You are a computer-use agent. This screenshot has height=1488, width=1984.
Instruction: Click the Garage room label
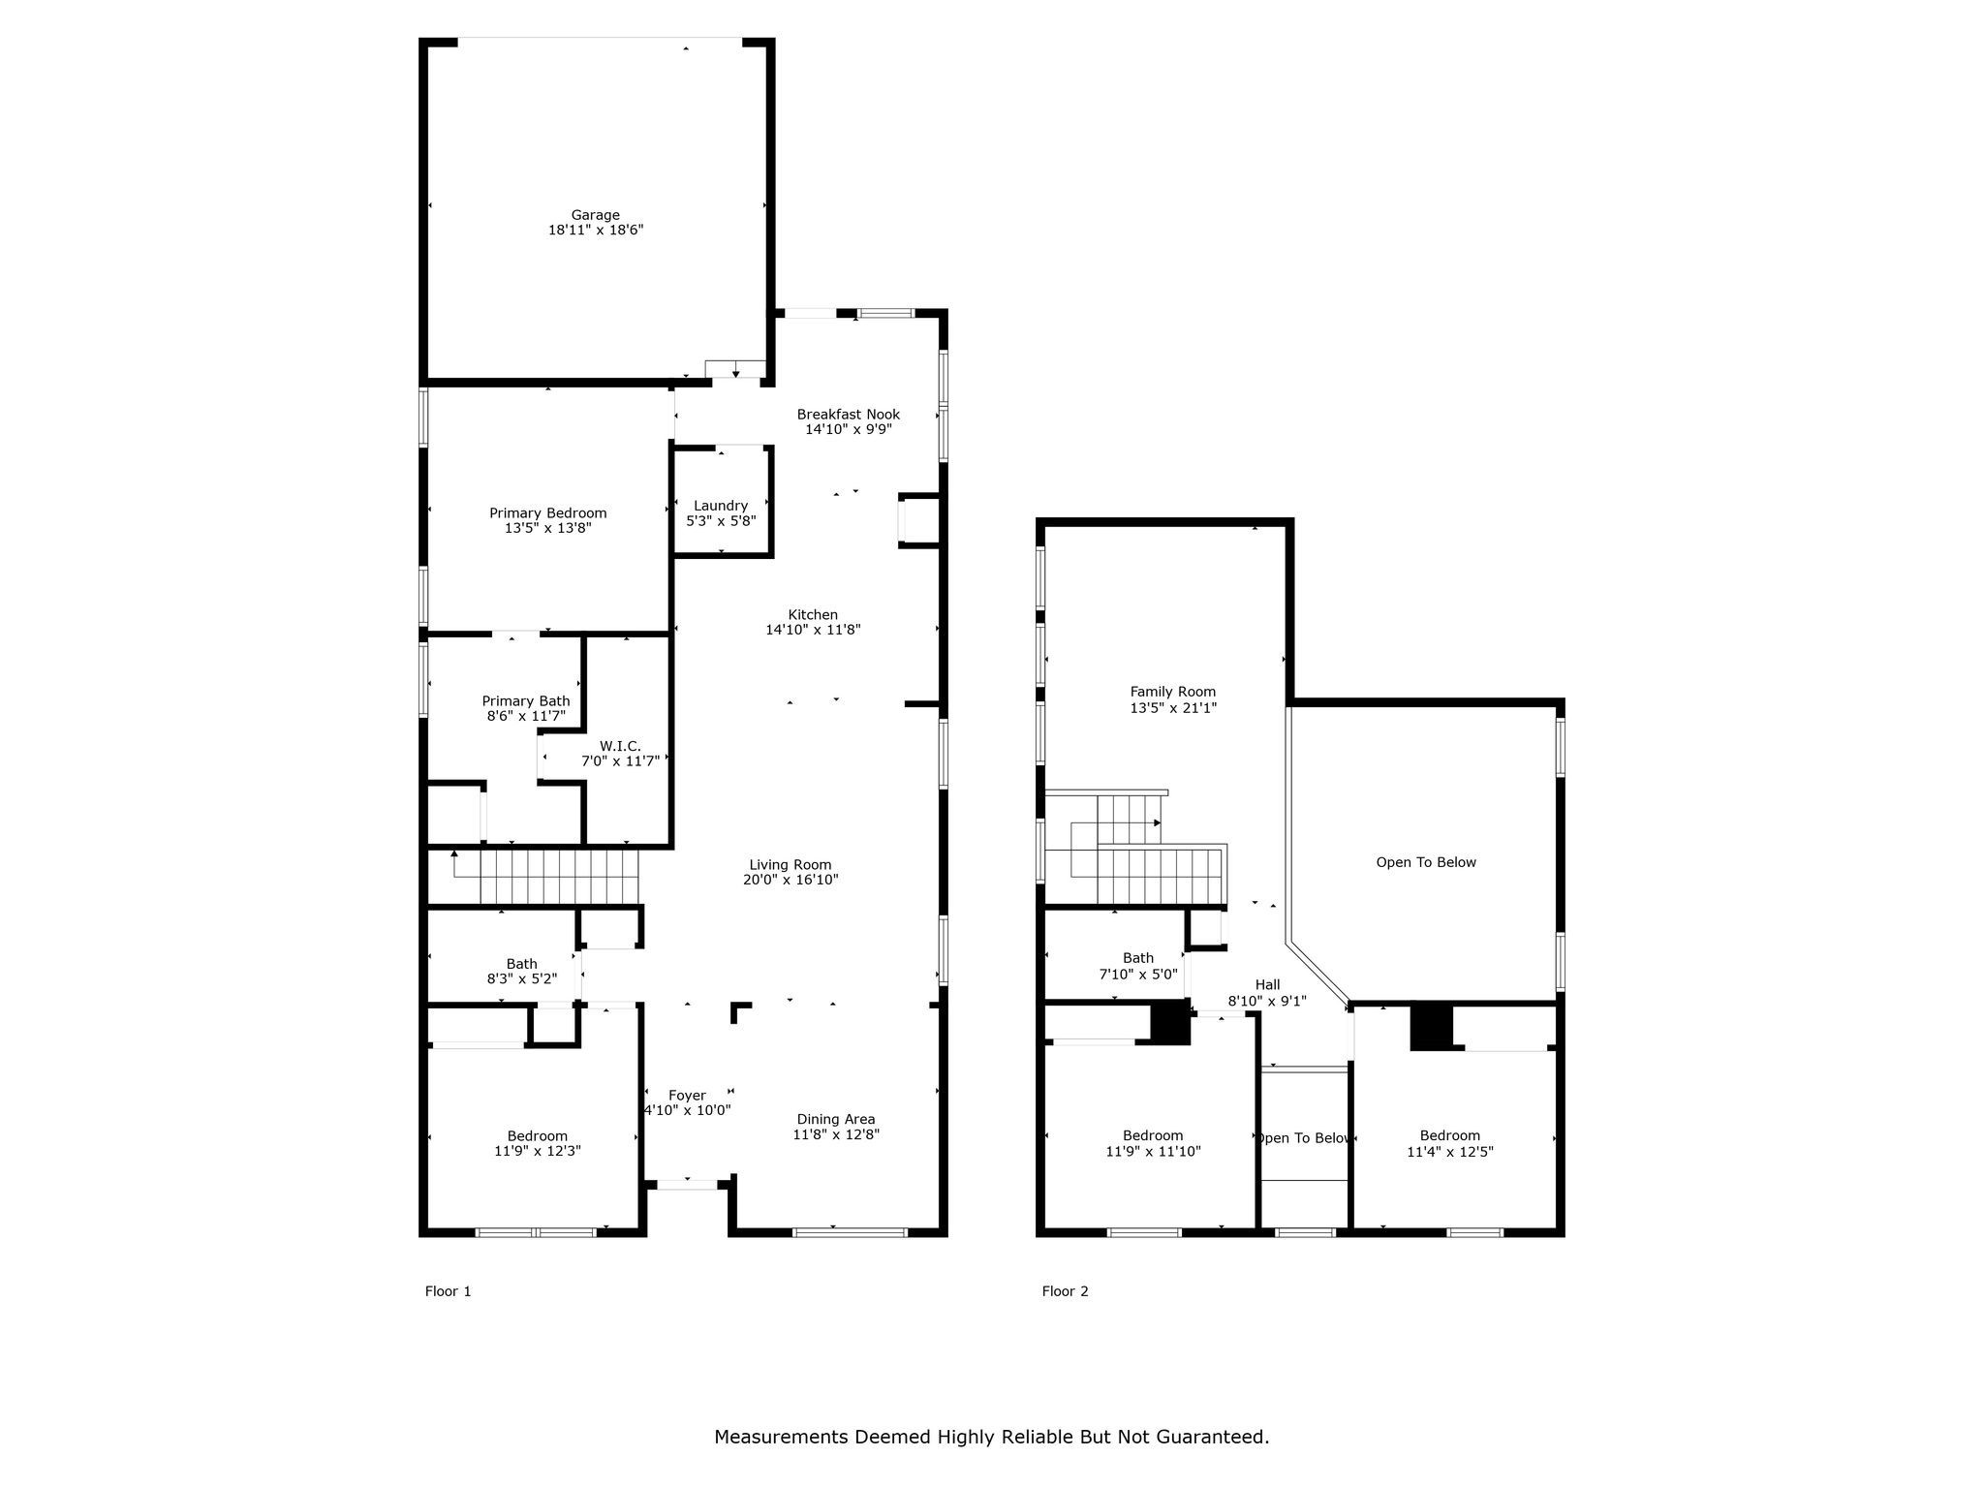click(x=595, y=215)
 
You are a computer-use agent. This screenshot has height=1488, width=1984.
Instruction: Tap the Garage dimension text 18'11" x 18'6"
click(x=595, y=231)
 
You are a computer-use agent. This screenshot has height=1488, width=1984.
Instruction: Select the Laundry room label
click(x=721, y=506)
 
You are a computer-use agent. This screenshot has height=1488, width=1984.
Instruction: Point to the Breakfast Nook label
click(x=849, y=415)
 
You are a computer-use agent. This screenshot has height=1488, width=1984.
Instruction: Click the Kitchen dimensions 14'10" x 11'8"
click(x=813, y=630)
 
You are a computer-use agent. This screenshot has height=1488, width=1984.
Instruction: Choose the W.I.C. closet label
click(x=620, y=746)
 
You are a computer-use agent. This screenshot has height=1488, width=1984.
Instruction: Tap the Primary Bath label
click(x=526, y=701)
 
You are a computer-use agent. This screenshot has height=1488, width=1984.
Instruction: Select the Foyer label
click(x=687, y=1096)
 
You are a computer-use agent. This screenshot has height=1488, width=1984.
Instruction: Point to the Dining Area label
click(x=836, y=1119)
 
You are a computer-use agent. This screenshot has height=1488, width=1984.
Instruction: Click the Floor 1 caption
click(x=448, y=1291)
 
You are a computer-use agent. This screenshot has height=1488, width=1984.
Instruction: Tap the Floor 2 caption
click(x=1065, y=1291)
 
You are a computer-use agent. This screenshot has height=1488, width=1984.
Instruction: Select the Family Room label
click(x=1172, y=692)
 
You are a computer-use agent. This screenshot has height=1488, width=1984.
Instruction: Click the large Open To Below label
click(x=1426, y=862)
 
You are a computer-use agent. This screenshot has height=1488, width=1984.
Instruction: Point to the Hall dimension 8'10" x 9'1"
click(x=1267, y=1002)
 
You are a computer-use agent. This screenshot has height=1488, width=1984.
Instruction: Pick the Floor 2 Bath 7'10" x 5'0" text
click(x=1138, y=974)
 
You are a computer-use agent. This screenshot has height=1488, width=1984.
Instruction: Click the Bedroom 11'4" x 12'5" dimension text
click(x=1450, y=1152)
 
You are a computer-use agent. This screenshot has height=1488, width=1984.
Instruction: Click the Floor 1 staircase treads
click(x=560, y=876)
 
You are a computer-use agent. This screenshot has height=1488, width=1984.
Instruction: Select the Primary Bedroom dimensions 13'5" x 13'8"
click(x=547, y=529)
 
